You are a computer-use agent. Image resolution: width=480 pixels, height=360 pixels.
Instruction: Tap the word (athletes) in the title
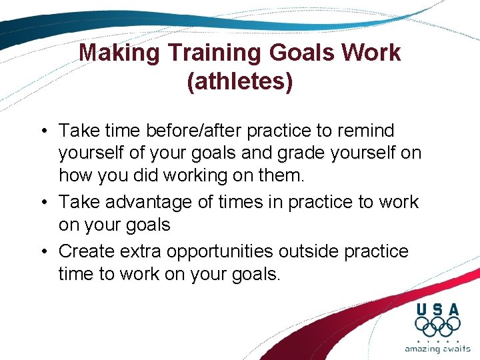tap(240, 81)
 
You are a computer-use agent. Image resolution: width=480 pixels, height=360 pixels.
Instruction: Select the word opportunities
tap(220, 251)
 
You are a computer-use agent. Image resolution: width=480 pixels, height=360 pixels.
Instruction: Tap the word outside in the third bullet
tap(312, 251)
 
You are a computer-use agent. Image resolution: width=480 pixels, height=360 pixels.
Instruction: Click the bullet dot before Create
tap(44, 251)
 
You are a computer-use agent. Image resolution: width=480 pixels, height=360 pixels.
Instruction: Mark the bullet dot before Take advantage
tap(44, 203)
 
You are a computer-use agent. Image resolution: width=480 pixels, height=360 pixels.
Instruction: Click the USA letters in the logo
tap(437, 309)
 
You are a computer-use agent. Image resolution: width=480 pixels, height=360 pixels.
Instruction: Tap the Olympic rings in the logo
tap(437, 327)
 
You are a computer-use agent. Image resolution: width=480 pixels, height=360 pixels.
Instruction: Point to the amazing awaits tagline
tap(437, 349)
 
